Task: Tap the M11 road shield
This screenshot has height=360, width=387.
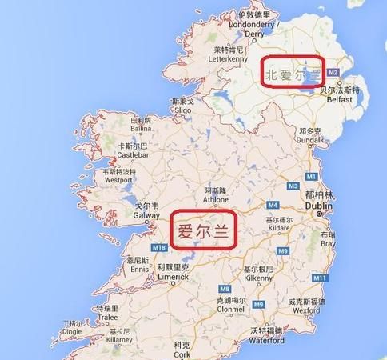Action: (x=319, y=278)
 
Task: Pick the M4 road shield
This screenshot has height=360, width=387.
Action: (x=272, y=206)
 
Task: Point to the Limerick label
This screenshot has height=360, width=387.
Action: (x=172, y=276)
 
